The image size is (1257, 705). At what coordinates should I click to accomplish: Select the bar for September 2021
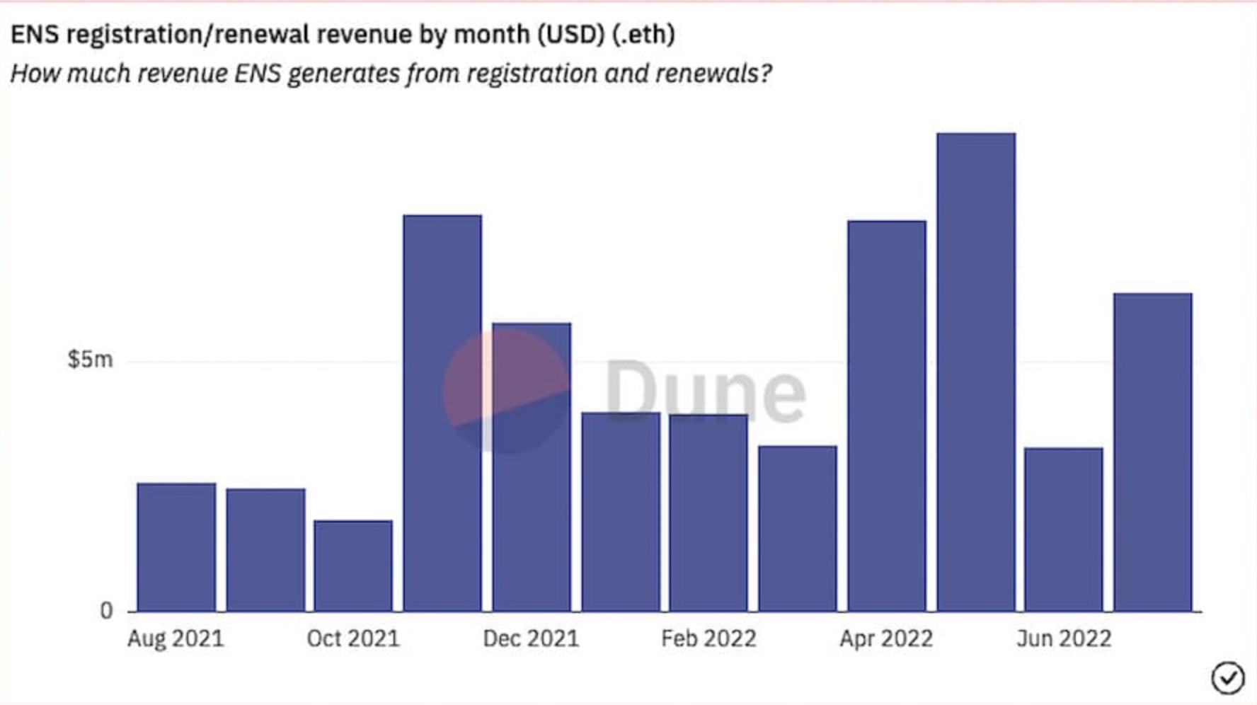point(265,550)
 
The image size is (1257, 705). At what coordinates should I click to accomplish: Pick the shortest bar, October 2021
point(353,566)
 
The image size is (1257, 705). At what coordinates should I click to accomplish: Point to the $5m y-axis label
point(90,360)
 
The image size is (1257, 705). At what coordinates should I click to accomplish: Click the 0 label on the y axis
point(106,610)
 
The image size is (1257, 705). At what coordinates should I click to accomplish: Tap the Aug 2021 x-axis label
point(176,638)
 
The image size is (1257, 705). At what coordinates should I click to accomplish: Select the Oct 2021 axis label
point(353,638)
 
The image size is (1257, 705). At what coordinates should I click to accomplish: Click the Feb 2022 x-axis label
point(708,638)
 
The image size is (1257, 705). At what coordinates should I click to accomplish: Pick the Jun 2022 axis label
point(1064,638)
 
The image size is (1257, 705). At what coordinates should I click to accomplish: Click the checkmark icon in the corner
point(1227,677)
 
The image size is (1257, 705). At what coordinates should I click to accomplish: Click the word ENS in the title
point(35,34)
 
